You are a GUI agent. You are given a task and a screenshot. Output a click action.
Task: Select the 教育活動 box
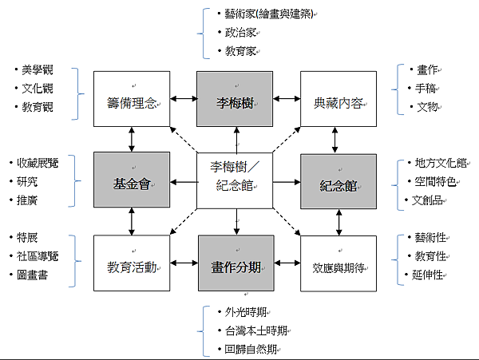[132, 263]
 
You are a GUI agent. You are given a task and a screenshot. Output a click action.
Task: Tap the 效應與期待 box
[338, 263]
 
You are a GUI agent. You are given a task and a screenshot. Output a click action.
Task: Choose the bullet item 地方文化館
[436, 163]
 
